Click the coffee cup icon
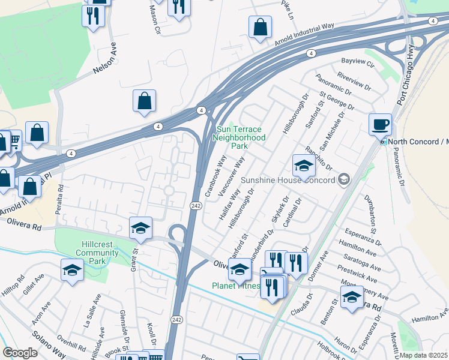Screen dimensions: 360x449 click(x=380, y=125)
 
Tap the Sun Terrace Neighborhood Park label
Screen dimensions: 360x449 click(x=239, y=137)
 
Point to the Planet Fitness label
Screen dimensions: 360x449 click(x=236, y=286)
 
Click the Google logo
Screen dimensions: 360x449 click(x=20, y=353)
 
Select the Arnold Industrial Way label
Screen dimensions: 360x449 click(x=304, y=35)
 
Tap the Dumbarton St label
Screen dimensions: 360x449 click(x=369, y=214)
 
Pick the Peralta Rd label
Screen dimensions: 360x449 click(x=60, y=194)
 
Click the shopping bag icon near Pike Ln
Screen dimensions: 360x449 click(x=260, y=27)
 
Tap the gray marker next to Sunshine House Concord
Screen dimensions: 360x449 click(x=344, y=179)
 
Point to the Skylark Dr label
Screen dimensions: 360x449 click(x=280, y=209)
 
